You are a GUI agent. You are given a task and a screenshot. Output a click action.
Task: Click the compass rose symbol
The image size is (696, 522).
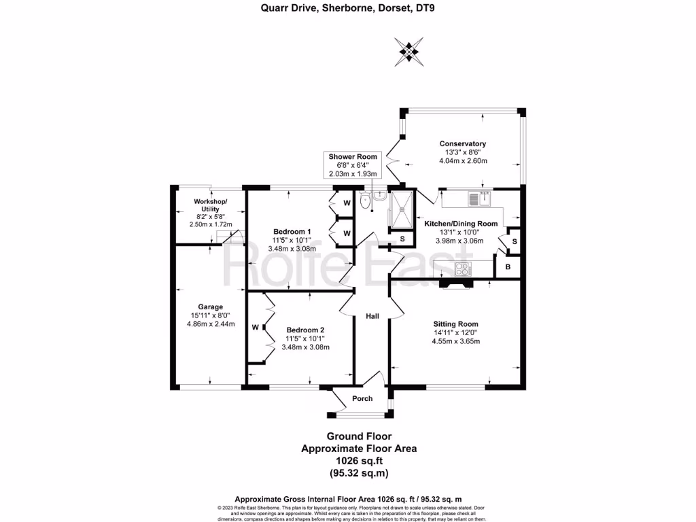pyautogui.click(x=408, y=51)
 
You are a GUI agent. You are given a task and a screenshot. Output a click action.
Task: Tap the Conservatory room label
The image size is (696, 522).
pyautogui.click(x=462, y=143)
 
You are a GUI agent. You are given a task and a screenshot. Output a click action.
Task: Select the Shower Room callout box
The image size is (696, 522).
pyautogui.click(x=353, y=165)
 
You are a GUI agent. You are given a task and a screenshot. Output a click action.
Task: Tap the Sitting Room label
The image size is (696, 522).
pyautogui.click(x=456, y=324)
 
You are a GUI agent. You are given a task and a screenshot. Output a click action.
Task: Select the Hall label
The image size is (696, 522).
pyautogui.click(x=372, y=315)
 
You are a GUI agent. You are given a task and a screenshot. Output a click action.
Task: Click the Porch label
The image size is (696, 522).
pyautogui.click(x=362, y=398)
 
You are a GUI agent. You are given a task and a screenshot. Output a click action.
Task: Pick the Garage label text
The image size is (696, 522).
pyautogui.click(x=211, y=307)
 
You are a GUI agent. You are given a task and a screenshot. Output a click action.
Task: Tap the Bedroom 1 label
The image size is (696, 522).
pyautogui.click(x=292, y=231)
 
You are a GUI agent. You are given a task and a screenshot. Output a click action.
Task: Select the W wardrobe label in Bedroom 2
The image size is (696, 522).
pyautogui.click(x=256, y=328)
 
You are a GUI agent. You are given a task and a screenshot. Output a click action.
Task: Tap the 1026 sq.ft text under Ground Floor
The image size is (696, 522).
pyautogui.click(x=358, y=460)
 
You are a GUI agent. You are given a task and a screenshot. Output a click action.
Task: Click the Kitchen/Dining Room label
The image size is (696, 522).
pyautogui.click(x=461, y=224)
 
